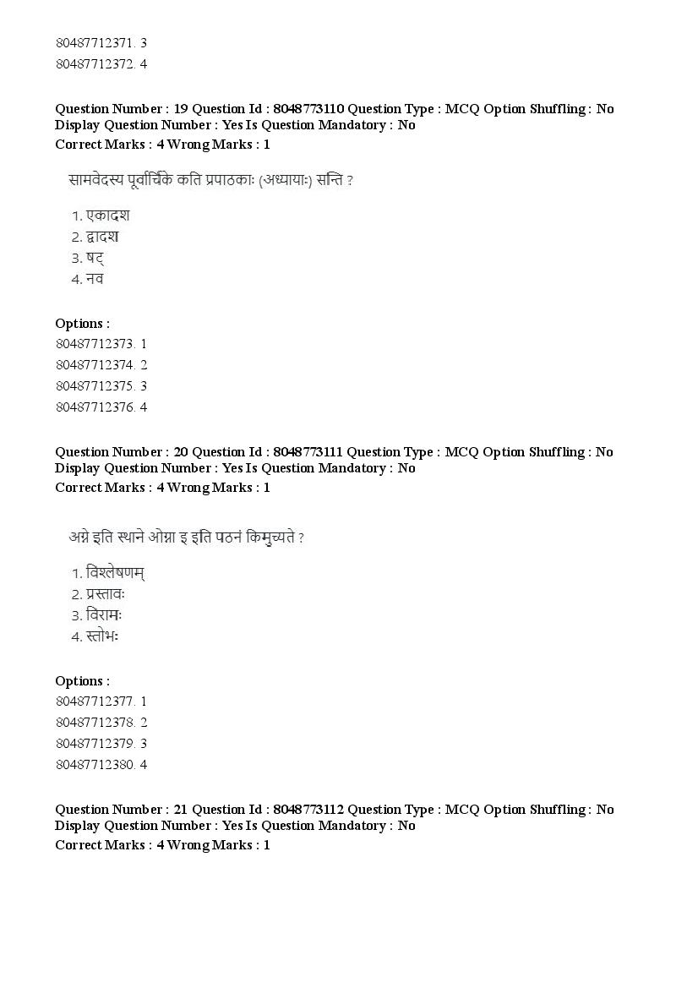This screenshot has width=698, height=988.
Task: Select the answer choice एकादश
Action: point(107,216)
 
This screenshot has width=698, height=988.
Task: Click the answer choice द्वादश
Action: point(106,237)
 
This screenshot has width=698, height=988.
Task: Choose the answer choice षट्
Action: point(95,258)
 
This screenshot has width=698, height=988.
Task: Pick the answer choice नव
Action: point(94,279)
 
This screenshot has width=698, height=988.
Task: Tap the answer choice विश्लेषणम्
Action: point(115,574)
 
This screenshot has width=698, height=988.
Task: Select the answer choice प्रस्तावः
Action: point(106,594)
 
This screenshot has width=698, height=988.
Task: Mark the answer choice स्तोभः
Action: point(102,636)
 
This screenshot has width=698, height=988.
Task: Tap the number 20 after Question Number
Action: point(180,452)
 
